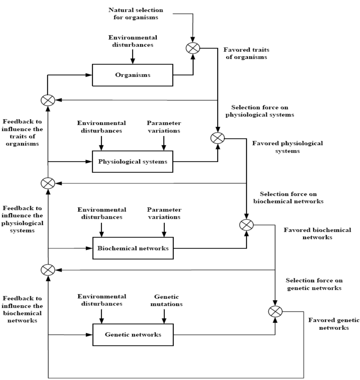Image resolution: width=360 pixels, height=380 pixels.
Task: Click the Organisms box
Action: click(x=133, y=75)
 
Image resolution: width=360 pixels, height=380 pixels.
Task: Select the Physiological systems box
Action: click(x=133, y=162)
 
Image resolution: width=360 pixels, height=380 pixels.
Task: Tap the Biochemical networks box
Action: click(x=133, y=248)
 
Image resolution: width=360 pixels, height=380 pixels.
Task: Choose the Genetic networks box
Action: click(x=133, y=335)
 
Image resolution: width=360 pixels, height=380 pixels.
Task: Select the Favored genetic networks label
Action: click(x=334, y=324)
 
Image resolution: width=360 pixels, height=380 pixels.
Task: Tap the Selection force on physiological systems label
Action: click(x=262, y=111)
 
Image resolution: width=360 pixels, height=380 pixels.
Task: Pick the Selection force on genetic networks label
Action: click(x=314, y=284)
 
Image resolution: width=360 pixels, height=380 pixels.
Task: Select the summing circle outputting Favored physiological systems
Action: click(x=218, y=138)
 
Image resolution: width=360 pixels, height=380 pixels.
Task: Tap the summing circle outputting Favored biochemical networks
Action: click(x=246, y=224)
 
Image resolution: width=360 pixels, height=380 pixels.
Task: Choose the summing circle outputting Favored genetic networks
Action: click(x=275, y=311)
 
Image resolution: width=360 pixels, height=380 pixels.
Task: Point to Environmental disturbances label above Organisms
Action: click(x=133, y=41)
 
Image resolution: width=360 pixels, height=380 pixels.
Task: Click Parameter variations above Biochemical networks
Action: click(x=163, y=213)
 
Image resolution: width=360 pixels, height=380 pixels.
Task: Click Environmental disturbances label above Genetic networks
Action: click(x=102, y=300)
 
